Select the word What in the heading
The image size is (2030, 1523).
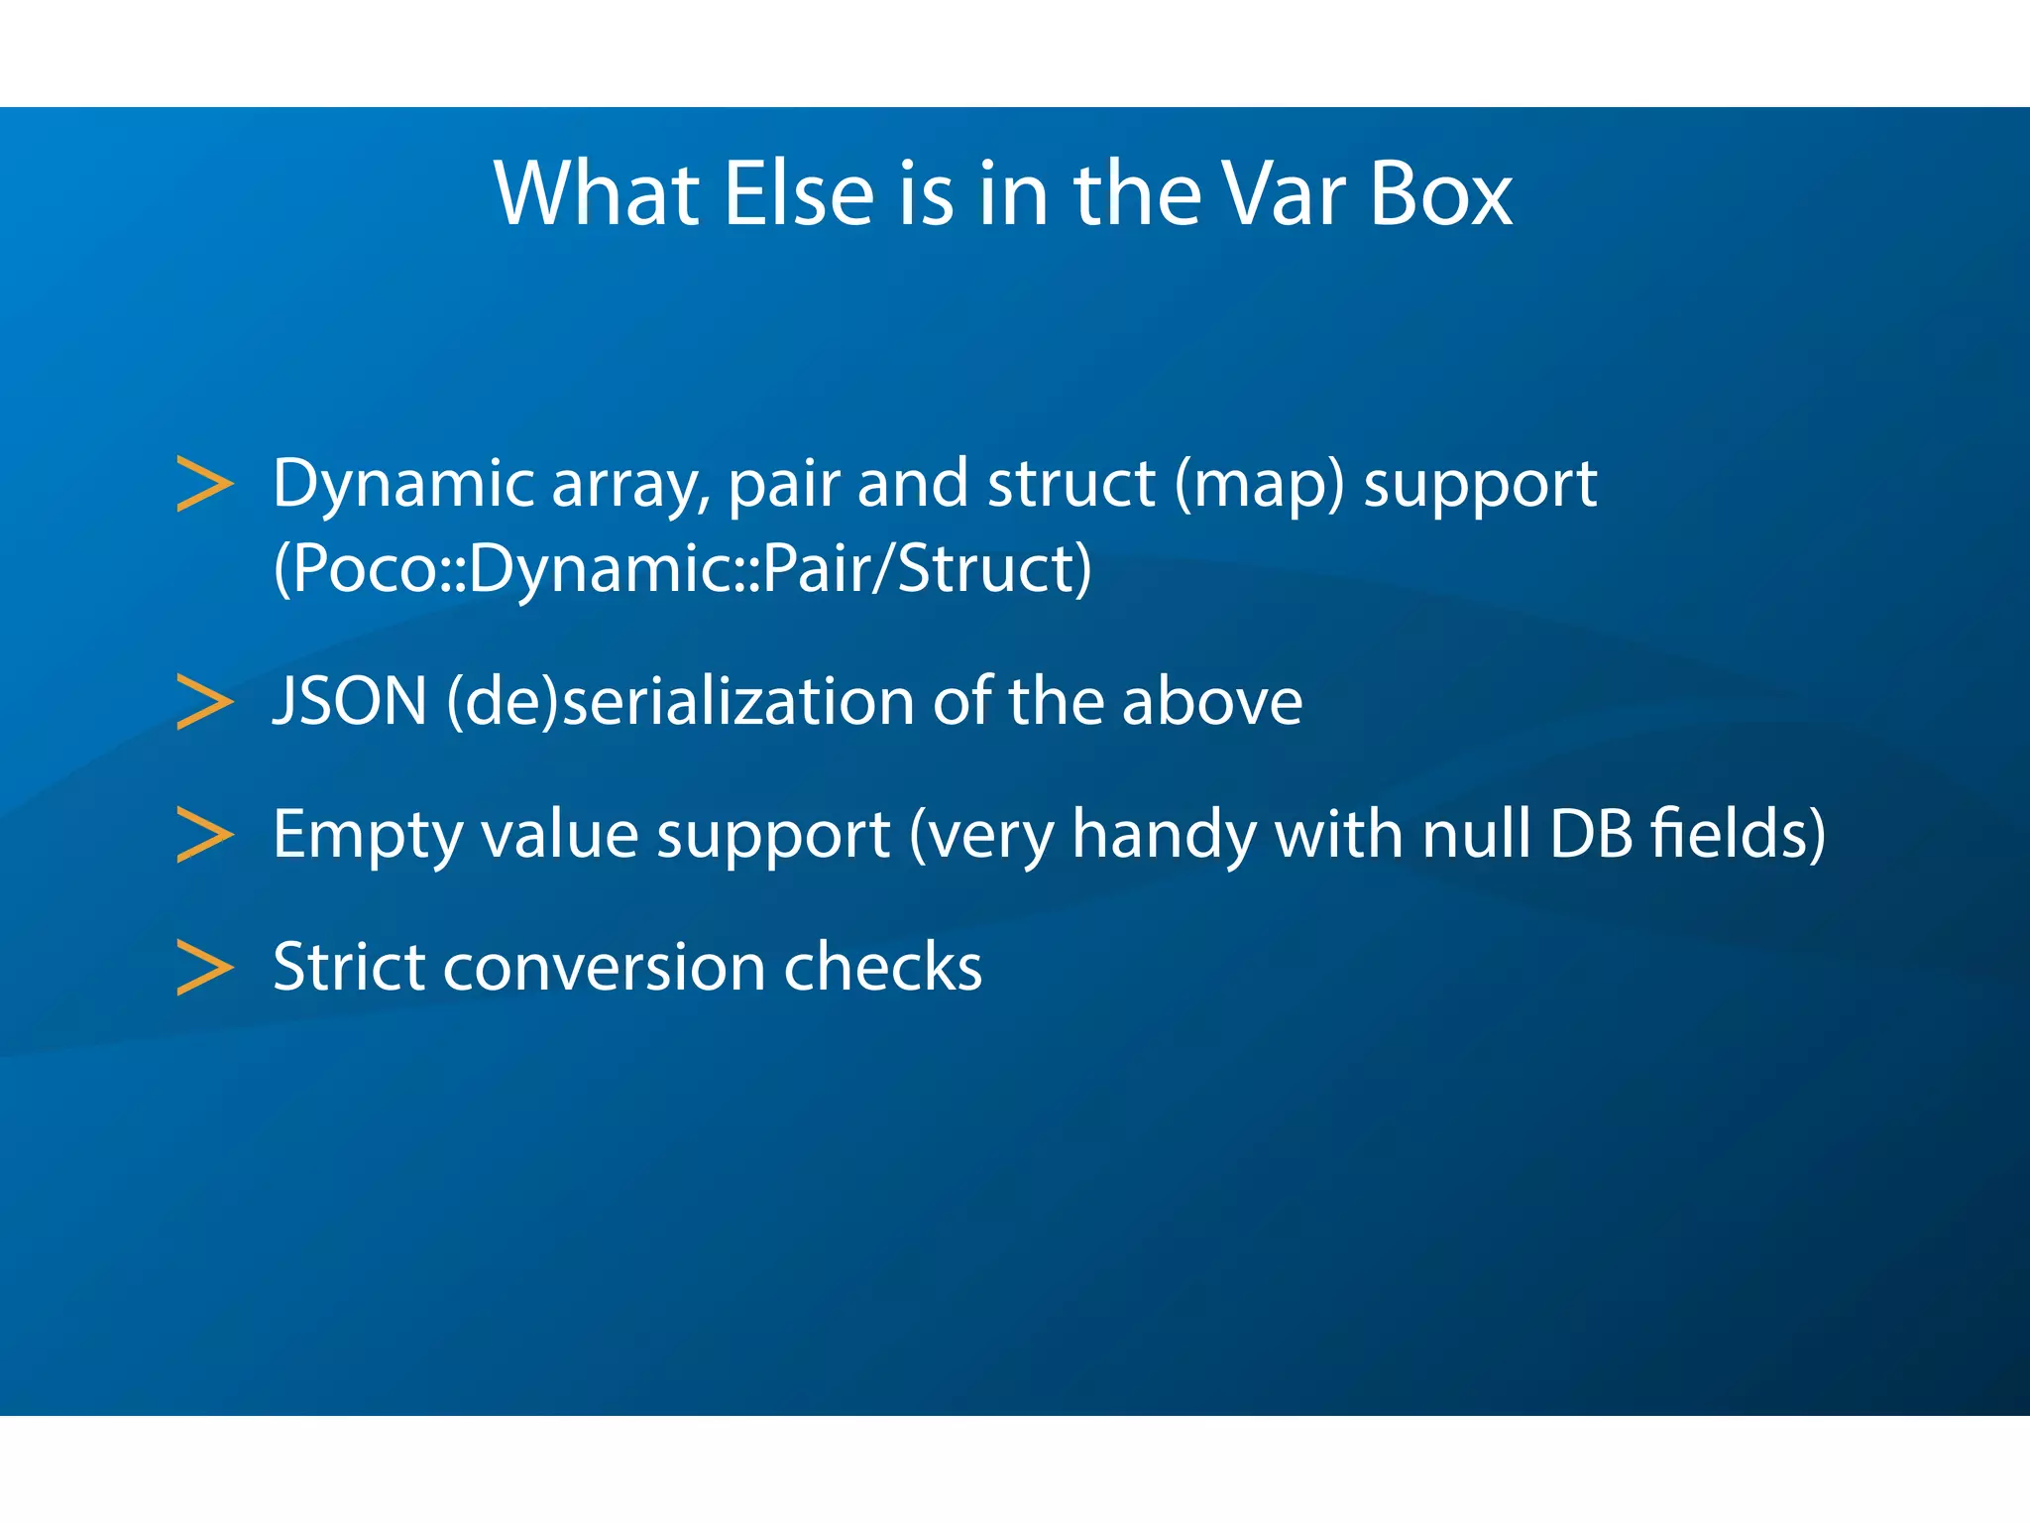point(598,194)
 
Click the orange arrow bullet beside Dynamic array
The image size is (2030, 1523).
point(204,484)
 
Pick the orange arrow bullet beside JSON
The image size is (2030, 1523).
point(204,702)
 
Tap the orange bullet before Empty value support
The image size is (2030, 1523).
point(204,834)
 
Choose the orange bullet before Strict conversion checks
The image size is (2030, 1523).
point(204,967)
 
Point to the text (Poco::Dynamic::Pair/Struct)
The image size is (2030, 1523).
point(682,570)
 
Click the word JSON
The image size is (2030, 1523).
point(349,702)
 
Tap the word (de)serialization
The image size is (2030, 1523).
point(680,702)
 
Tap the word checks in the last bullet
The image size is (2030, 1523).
point(882,967)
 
